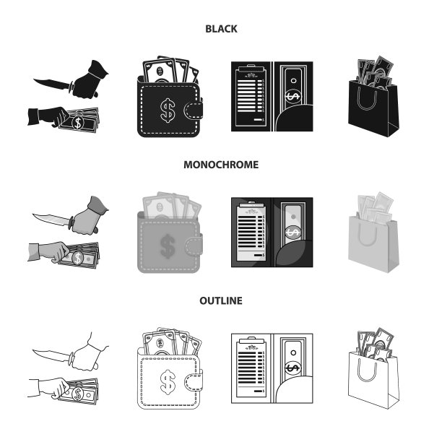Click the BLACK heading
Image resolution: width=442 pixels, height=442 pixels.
click(221, 29)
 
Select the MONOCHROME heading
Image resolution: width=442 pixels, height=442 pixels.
click(221, 165)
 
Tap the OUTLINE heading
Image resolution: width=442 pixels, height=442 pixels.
click(221, 300)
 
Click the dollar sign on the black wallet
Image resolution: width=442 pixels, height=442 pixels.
click(168, 110)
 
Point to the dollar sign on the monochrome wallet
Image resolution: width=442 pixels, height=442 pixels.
click(168, 246)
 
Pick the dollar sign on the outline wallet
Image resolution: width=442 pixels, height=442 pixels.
click(168, 382)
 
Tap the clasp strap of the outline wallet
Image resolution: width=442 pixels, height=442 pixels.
click(194, 382)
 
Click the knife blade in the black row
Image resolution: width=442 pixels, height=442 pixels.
click(52, 84)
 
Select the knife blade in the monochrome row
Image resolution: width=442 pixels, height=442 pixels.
click(51, 220)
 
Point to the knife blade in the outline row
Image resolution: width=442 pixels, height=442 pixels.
click(51, 355)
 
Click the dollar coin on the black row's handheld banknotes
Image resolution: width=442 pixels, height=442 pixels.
click(78, 123)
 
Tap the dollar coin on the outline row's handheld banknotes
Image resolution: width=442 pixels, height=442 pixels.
click(78, 394)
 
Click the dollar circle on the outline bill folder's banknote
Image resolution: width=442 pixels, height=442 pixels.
click(293, 368)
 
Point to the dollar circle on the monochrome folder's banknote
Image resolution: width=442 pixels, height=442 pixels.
click(293, 233)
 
